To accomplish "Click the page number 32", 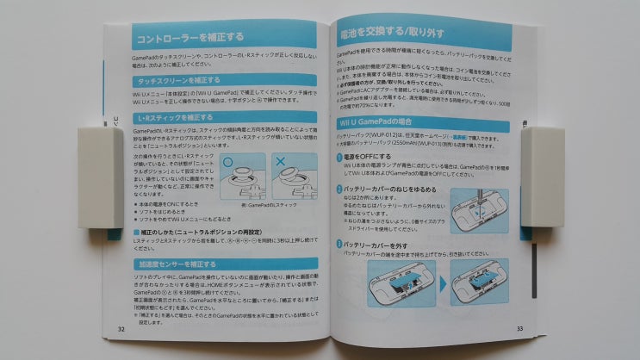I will [120, 328].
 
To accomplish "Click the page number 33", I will [519, 328].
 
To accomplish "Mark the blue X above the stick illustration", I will [281, 161].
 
